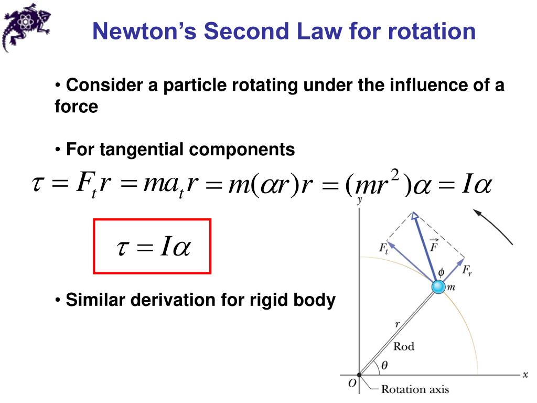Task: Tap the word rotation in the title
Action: tap(432, 31)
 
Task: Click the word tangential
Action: tap(143, 150)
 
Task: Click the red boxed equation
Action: tap(152, 247)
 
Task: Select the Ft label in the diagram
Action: tap(384, 248)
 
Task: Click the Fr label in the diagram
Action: tap(467, 271)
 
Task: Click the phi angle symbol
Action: tap(441, 272)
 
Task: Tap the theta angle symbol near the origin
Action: tap(384, 366)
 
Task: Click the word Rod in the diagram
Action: tap(403, 346)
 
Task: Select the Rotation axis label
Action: tap(415, 389)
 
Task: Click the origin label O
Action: tap(352, 385)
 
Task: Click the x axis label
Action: tap(525, 375)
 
